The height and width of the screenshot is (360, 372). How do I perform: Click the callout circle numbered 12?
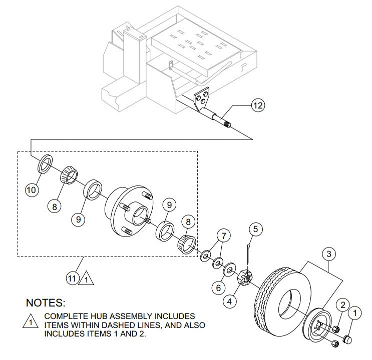tap(258, 105)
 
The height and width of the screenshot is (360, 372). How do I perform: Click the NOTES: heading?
tap(46, 303)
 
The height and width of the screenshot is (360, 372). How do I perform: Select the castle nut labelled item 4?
tap(246, 277)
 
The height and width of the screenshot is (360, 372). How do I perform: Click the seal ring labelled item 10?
tap(45, 163)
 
